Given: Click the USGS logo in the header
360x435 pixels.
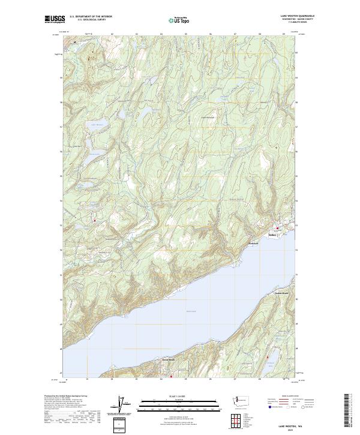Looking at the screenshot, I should (x=55, y=19).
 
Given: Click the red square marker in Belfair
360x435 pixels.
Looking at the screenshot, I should (x=277, y=227).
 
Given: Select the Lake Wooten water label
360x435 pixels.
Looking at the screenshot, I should (x=97, y=125).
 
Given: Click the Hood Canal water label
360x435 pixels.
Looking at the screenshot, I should (x=191, y=311).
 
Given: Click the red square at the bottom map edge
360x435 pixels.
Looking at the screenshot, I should (x=171, y=377).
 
